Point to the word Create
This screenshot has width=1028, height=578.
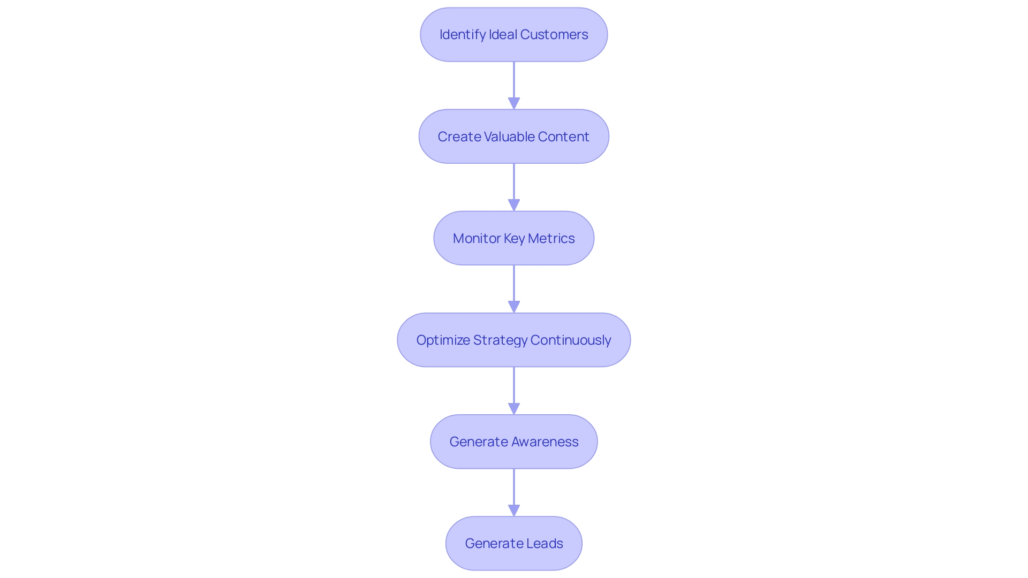pos(459,136)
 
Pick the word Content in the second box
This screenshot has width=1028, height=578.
pos(563,136)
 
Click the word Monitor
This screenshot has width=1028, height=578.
pos(477,238)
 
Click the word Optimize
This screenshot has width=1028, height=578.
pos(443,340)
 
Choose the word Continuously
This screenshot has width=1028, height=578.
pos(570,340)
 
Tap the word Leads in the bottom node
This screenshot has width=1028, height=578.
pos(545,543)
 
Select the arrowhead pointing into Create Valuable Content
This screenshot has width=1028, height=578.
pos(514,103)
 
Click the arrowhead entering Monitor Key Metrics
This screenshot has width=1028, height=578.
pos(514,205)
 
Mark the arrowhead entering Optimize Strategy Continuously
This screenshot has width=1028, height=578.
pos(514,307)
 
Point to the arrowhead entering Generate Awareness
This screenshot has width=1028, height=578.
pos(514,408)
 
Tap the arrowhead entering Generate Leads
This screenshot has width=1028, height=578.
pos(514,510)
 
